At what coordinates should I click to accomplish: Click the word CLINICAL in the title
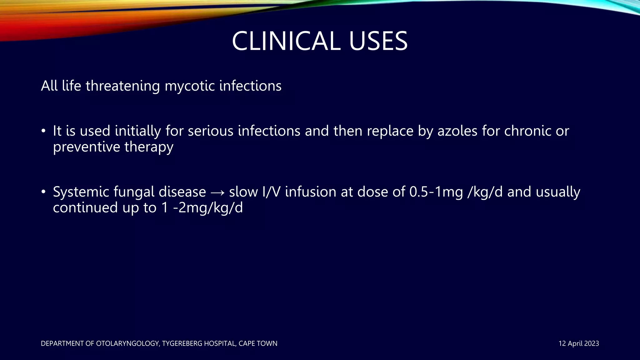(286, 41)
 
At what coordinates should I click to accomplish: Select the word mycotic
(189, 86)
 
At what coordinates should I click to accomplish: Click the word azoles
(457, 131)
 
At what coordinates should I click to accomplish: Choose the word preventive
(86, 147)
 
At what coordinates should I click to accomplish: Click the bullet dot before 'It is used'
(44, 131)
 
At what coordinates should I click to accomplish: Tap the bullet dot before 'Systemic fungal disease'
(44, 192)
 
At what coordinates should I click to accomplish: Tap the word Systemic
(81, 192)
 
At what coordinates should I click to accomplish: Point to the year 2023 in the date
(591, 343)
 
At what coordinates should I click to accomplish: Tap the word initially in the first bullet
(138, 131)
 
